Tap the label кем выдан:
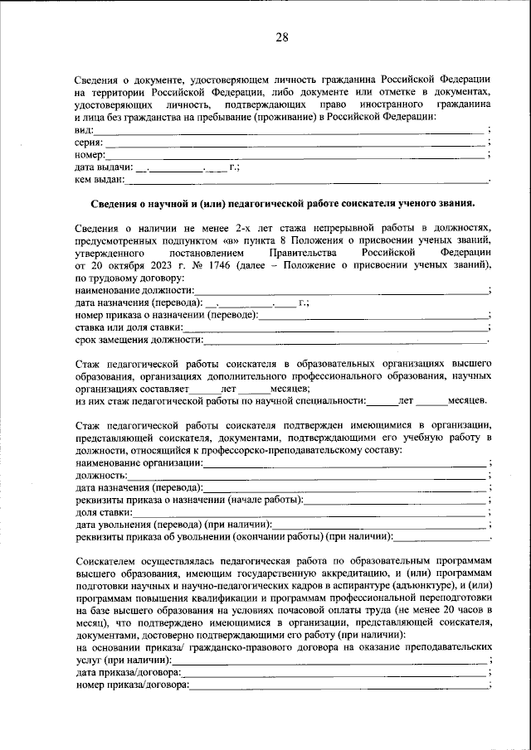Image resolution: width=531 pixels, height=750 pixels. [x=100, y=178]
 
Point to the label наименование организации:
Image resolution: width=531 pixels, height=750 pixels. [x=139, y=462]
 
